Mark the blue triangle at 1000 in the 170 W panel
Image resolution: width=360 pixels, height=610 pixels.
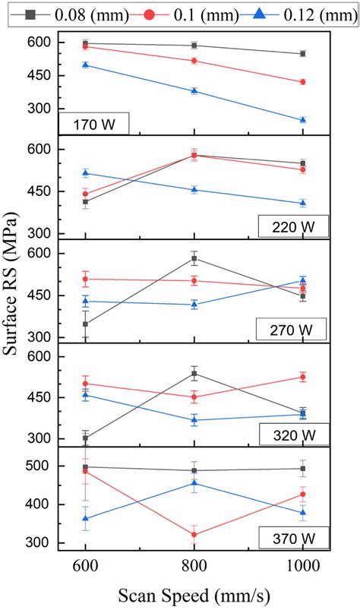pos(303,120)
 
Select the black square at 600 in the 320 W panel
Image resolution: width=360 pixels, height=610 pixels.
pos(85,438)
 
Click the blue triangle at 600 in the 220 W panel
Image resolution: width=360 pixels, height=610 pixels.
pos(85,173)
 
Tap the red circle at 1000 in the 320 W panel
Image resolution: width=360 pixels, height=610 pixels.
pos(303,377)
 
